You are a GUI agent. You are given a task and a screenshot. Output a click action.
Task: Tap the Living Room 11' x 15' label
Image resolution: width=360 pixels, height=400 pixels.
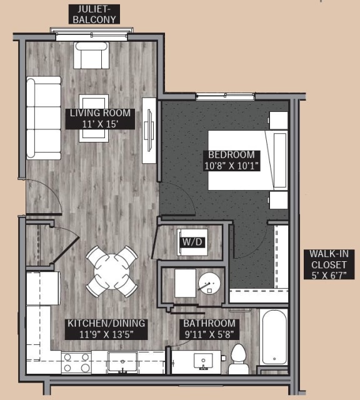[x=100, y=118]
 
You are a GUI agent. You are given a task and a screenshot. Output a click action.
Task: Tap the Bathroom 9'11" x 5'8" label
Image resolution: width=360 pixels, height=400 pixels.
[x=209, y=329]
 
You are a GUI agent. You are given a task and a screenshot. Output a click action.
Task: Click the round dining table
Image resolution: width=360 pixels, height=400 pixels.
[x=112, y=271]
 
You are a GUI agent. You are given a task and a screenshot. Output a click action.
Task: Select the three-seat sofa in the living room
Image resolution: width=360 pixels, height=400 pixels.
[x=43, y=117]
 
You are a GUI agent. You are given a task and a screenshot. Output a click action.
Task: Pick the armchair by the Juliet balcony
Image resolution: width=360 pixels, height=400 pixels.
[x=91, y=54]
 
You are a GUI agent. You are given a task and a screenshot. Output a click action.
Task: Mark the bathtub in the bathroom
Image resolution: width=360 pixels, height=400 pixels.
[x=274, y=337]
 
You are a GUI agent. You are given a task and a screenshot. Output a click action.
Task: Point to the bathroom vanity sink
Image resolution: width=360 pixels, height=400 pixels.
[x=203, y=361]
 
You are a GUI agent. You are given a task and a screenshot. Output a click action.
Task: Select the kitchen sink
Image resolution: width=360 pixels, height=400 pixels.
[x=122, y=362]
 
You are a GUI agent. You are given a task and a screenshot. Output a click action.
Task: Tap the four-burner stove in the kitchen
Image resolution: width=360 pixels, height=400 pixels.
[x=76, y=363]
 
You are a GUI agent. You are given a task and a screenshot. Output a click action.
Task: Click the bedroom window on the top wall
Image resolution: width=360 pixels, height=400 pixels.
[x=225, y=96]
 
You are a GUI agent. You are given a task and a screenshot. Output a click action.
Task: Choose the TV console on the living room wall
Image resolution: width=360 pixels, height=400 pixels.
[x=149, y=131]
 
